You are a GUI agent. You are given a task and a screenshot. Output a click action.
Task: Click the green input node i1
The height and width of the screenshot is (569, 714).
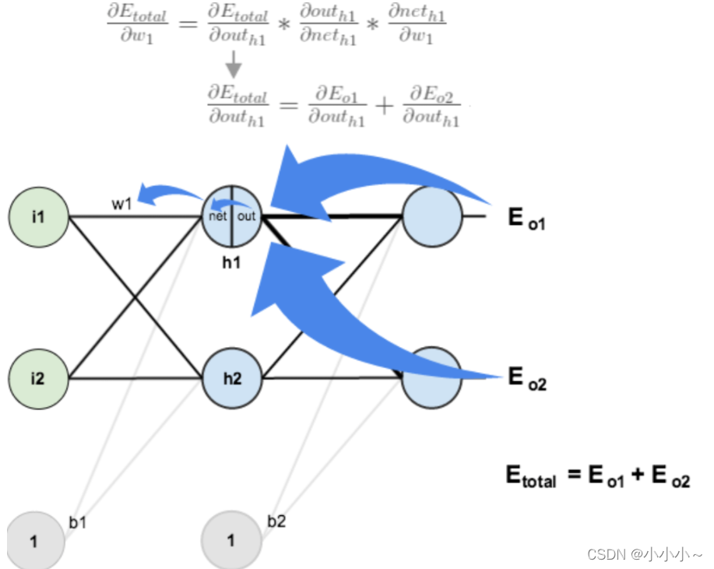click(x=38, y=216)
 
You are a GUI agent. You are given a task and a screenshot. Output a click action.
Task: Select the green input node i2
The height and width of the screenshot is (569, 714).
click(x=38, y=378)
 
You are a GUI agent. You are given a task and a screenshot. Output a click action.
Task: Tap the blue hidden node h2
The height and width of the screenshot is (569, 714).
click(x=232, y=378)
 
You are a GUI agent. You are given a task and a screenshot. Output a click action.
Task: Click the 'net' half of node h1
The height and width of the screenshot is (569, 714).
click(x=217, y=216)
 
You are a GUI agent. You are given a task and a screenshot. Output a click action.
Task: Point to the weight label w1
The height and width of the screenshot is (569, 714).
click(x=121, y=204)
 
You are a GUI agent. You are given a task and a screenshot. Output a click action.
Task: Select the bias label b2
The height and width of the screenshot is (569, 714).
click(x=276, y=521)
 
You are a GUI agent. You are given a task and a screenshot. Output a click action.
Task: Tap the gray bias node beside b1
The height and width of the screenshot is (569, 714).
click(x=35, y=540)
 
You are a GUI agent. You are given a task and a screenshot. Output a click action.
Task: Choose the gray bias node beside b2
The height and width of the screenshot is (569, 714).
click(x=231, y=540)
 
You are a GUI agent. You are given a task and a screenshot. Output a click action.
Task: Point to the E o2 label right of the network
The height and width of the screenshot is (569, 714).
click(x=526, y=380)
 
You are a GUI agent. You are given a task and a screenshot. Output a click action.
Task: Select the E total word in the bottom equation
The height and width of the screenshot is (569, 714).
click(x=532, y=476)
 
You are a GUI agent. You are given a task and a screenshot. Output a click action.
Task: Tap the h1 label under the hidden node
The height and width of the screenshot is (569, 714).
click(x=231, y=263)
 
